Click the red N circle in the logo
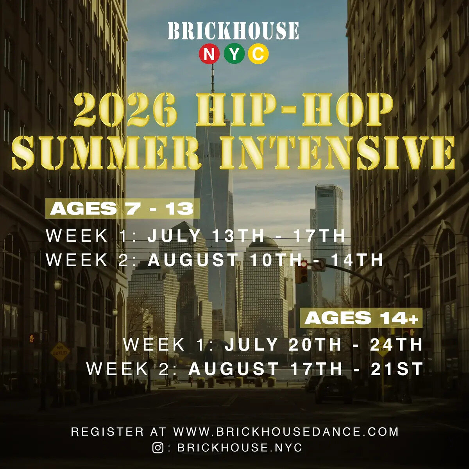[x=209, y=54]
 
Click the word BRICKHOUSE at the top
[x=234, y=31]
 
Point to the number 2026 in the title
[x=125, y=109]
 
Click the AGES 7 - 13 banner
[x=122, y=209]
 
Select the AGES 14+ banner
[x=362, y=319]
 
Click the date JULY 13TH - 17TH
[x=247, y=236]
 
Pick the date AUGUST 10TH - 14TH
[x=266, y=260]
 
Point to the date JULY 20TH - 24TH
[x=324, y=345]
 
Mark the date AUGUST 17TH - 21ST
[x=306, y=369]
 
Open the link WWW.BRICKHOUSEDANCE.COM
[x=286, y=432]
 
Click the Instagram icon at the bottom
[x=158, y=448]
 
